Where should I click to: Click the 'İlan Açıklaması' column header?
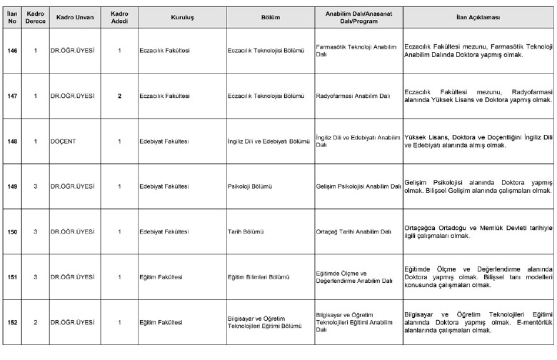click(478, 15)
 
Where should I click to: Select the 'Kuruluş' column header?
click(182, 15)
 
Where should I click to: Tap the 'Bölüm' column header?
click(271, 15)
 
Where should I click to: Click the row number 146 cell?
click(11, 51)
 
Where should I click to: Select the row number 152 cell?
click(11, 322)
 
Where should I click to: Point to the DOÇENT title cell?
click(64, 141)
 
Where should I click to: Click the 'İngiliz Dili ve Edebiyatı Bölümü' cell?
click(269, 141)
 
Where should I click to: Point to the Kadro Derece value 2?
click(35, 322)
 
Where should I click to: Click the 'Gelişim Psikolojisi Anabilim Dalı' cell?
click(358, 186)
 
